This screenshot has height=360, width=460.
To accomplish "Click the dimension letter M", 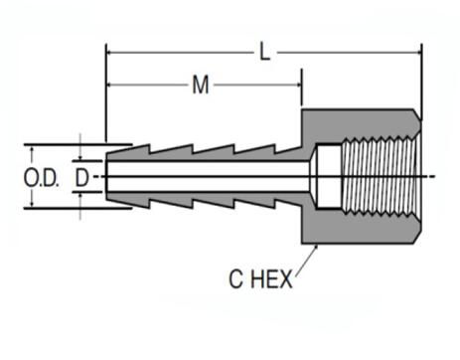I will coord(202,86).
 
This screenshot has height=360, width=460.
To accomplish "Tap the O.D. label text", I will coord(41,178).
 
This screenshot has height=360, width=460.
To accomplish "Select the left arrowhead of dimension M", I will coord(110,86).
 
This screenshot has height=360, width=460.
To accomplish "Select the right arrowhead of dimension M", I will coord(296,86).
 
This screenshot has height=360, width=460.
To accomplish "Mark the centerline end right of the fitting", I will coord(433,177).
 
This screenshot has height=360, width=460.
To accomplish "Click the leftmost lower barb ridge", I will coord(139,205).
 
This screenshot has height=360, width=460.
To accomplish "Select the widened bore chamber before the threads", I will coord(328,177).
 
